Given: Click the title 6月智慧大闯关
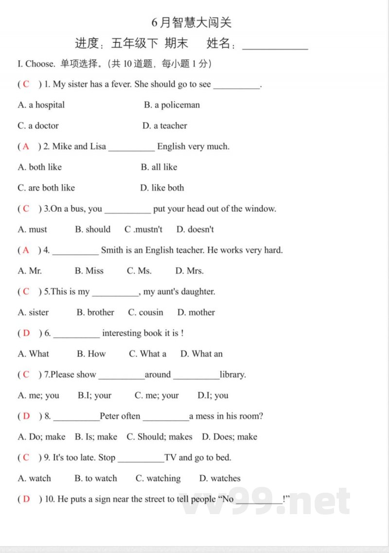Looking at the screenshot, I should [192, 22].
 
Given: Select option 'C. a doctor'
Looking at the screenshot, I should [38, 125].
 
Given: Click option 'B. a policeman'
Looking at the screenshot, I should [172, 105].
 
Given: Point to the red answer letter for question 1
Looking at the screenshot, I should [26, 84].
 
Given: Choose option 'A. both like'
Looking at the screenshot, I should [40, 167].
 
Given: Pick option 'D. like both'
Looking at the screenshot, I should [162, 188].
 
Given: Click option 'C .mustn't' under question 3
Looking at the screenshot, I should [143, 229].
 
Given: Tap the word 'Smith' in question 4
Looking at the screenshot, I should [112, 250].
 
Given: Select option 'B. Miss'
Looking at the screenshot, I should [89, 271].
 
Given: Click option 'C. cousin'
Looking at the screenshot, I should [145, 312].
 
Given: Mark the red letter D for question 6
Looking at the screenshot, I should [26, 333].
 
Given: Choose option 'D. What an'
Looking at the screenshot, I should [201, 354].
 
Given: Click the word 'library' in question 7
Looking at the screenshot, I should [232, 375].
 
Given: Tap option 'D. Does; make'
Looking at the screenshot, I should [230, 437].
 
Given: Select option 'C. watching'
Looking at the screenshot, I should [158, 478].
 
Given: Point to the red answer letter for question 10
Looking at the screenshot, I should [26, 499].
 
